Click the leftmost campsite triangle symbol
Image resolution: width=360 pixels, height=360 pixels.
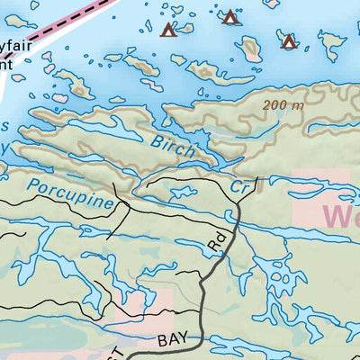coord(167,31)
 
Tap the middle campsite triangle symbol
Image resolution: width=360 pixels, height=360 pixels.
coord(230,16)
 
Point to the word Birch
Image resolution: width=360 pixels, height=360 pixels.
coord(172,145)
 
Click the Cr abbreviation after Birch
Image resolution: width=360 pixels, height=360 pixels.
coord(238,188)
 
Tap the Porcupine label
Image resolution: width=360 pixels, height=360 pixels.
coord(71,193)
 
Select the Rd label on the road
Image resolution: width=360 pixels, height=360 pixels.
coord(216,245)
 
